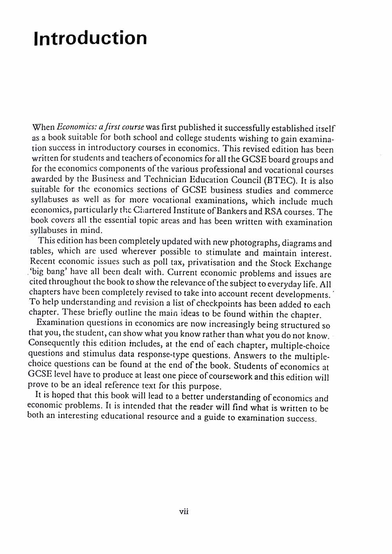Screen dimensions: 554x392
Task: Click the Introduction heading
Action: coord(91,38)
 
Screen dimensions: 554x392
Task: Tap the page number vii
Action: coord(184,511)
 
